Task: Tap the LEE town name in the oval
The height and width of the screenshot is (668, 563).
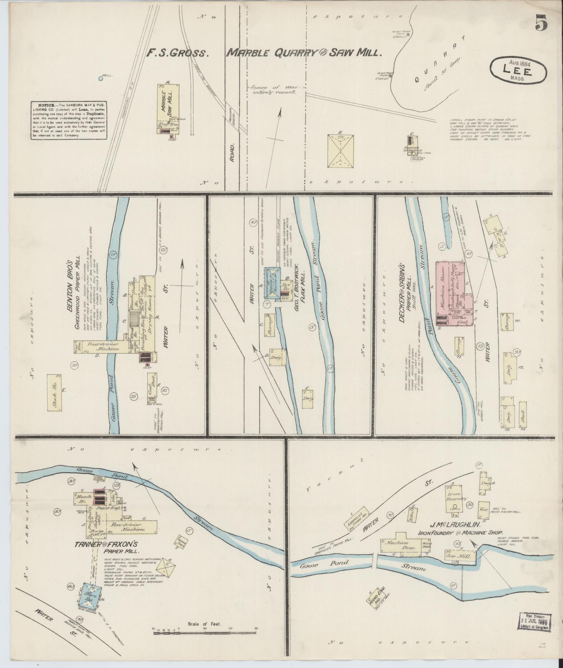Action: pos(517,71)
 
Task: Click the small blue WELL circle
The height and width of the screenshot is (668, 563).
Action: pos(101,79)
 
